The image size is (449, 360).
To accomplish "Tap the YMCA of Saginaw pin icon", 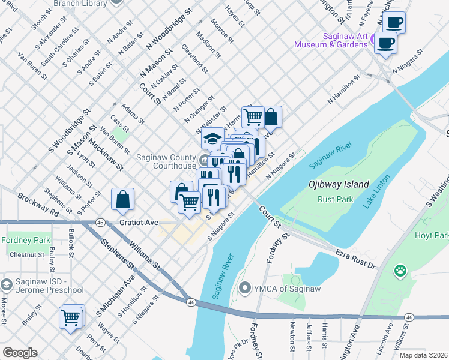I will (244, 289).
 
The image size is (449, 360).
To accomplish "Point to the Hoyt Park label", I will (433, 236).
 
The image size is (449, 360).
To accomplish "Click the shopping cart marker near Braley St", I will (71, 317).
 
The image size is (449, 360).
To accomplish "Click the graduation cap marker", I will (211, 139).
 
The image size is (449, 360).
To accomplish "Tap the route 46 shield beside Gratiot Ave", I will (101, 222).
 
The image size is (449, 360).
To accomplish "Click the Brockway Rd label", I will (38, 205).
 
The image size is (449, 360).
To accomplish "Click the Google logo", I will (20, 353).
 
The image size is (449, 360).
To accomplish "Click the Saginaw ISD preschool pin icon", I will (7, 284).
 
